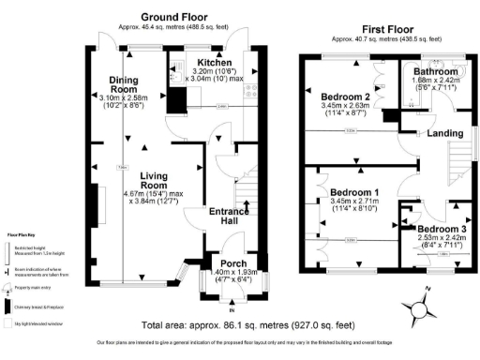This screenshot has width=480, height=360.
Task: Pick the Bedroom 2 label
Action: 345,97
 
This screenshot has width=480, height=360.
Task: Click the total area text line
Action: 247,325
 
